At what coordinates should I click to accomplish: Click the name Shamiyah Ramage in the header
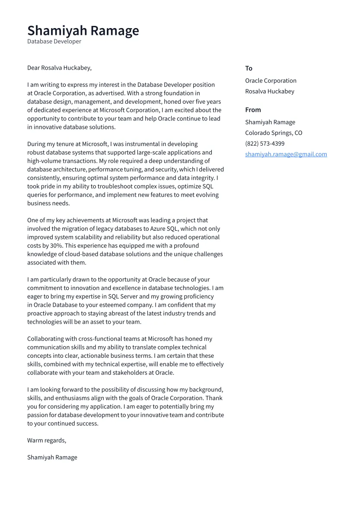point(83,31)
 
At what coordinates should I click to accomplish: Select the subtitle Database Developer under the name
point(54,41)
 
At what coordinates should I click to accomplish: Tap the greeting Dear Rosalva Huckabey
point(59,68)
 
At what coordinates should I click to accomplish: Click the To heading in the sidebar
point(248,68)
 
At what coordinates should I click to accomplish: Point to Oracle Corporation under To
point(271,81)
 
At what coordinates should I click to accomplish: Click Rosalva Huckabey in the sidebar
point(269,91)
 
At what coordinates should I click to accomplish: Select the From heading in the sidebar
point(253,110)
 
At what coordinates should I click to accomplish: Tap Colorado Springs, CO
point(274,133)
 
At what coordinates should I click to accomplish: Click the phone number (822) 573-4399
point(264,143)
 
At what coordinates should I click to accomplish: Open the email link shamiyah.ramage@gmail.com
point(286,154)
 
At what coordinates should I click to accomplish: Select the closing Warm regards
point(47,440)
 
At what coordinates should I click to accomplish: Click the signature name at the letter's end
point(52,457)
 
